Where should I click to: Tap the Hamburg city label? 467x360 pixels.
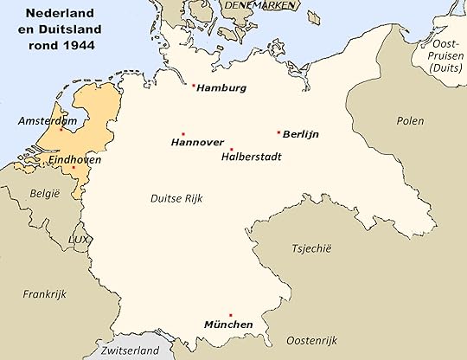point(222,88)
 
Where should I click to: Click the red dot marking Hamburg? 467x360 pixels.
point(193,86)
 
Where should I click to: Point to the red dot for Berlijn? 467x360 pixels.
point(278,132)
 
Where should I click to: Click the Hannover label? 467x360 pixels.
point(197,143)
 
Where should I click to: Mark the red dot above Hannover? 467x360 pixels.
point(183,133)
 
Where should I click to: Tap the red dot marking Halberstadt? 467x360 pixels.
point(231,149)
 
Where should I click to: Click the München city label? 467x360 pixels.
point(228,325)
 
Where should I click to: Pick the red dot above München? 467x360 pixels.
point(230,315)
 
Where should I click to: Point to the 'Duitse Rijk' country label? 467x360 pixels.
point(177,198)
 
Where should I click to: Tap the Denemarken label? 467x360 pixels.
point(259,6)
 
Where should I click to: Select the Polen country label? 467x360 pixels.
point(410,121)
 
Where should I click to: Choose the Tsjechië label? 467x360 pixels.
point(313,247)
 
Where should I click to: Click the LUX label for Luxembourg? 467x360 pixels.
point(80,238)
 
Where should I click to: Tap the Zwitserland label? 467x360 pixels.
point(130,350)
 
